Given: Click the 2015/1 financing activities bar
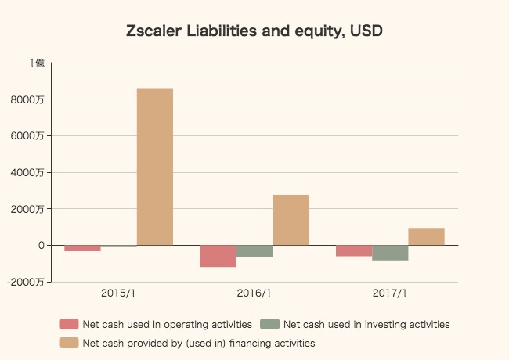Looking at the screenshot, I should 155,167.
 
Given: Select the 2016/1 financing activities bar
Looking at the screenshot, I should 291,220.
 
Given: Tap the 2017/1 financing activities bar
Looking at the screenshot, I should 426,236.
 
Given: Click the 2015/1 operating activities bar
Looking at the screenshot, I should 82,248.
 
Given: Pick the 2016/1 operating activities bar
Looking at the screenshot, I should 218,256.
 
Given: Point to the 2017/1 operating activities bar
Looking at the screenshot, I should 353,250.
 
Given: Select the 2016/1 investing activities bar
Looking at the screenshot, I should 254,251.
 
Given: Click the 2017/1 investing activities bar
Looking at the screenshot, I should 390,253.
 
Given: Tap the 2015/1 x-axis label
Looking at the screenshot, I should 118,293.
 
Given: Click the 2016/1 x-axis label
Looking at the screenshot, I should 254,293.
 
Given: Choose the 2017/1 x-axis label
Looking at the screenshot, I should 389,293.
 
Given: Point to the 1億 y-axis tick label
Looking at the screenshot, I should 37,63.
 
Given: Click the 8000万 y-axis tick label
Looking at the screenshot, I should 32,99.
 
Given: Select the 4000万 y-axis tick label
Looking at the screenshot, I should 32,172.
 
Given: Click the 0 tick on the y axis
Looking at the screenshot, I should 41,245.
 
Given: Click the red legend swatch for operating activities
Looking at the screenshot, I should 69,324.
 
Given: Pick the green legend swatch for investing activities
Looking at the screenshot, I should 269,324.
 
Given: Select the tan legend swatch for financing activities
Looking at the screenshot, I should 69,343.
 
